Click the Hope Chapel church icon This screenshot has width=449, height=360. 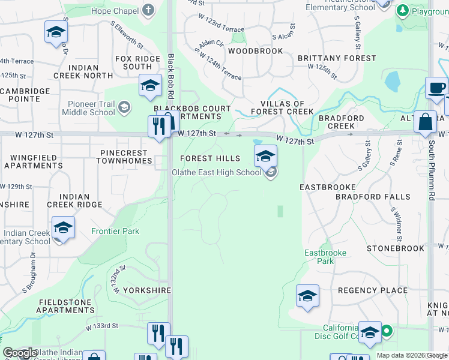[148, 11]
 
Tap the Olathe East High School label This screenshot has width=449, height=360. [216, 173]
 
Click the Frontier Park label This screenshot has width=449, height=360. [115, 231]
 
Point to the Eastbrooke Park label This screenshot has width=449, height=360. [325, 257]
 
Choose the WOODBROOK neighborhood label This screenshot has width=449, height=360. [255, 52]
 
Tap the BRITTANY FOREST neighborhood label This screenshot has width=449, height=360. [337, 59]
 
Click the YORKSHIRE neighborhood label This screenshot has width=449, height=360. [147, 290]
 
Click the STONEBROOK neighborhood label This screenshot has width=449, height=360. [395, 248]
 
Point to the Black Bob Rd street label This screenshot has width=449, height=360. [172, 76]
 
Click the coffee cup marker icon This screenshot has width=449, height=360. [436, 88]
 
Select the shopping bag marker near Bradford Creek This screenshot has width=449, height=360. [425, 121]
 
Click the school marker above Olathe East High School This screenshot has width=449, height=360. [265, 156]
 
